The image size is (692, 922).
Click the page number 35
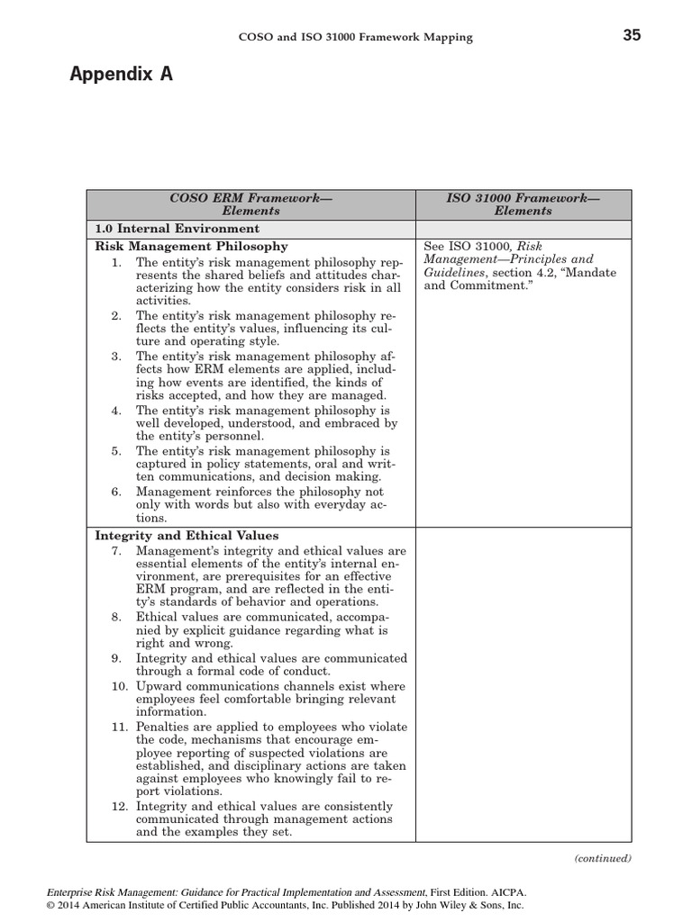coord(632,36)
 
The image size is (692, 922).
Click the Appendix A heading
coord(121,76)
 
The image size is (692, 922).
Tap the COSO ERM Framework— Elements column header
coord(250,204)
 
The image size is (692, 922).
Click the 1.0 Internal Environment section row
coord(178,229)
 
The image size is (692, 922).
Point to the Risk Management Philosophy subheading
coord(192,246)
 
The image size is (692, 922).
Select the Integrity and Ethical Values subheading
coord(187,536)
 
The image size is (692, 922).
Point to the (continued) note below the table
coord(603,858)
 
